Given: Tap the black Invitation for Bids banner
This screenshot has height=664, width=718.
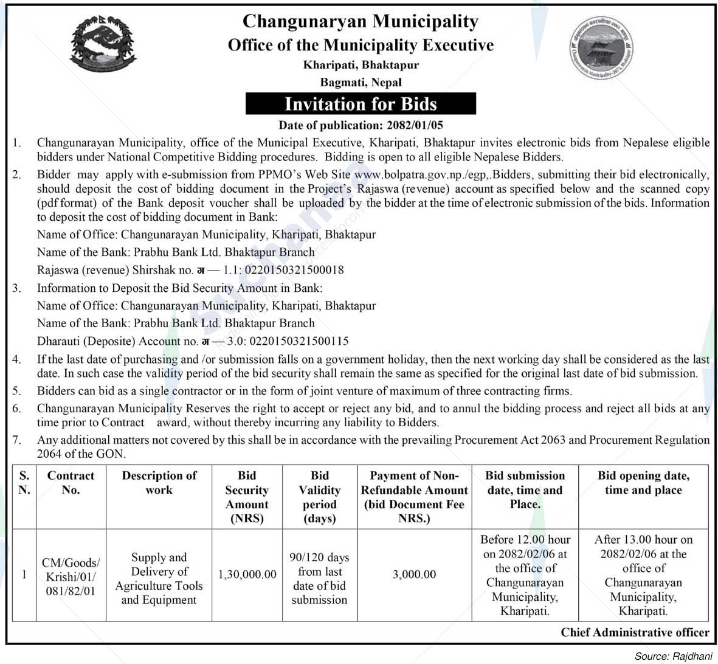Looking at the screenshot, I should point(361,104).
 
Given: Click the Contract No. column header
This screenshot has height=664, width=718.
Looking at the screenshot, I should point(71,483).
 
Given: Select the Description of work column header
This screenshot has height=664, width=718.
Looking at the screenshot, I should point(159,483).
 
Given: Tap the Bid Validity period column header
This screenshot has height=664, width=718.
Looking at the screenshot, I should point(319,497).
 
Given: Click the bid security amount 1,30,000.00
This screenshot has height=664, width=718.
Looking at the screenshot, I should point(247,574).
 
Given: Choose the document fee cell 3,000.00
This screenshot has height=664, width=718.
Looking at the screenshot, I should point(414,574).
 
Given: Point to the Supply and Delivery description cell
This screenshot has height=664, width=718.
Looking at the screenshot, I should point(159,578).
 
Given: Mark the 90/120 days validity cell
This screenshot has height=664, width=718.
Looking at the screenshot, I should point(319,578).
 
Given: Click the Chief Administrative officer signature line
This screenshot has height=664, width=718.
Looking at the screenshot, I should point(635,632).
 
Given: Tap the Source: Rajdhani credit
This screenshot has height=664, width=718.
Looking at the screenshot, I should point(673,656).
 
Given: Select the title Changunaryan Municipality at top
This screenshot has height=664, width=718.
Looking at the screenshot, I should point(361,21).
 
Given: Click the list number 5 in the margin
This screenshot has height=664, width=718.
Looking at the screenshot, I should point(17,390).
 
